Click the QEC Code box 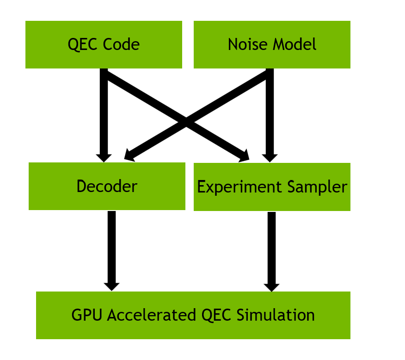(104, 45)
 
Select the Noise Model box (272, 45)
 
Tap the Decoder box (107, 186)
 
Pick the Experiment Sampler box (272, 187)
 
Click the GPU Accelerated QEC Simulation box (193, 315)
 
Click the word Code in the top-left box (122, 45)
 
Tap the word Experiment (239, 187)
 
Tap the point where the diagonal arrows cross (186, 122)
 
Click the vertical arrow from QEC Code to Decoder (104, 111)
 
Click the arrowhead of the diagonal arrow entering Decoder (130, 157)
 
